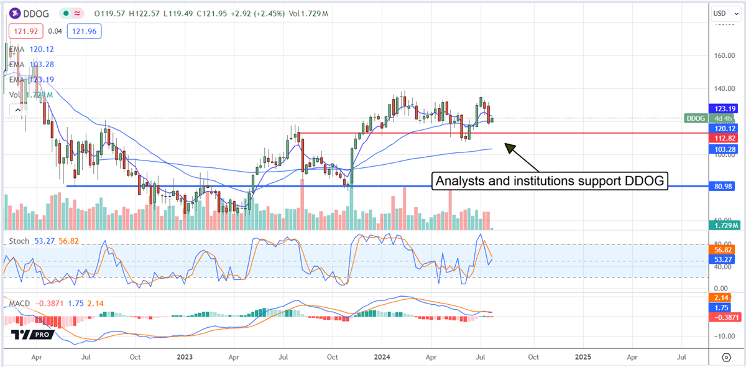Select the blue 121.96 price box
pos(85,30)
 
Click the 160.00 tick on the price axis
pos(723,55)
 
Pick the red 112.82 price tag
pos(724,138)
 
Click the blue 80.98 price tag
pos(724,186)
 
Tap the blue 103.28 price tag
pos(724,150)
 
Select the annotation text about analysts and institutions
pos(550,182)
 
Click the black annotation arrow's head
pos(505,145)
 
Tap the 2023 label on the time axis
pos(185,358)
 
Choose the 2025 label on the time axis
pos(583,358)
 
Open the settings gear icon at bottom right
pos(726,358)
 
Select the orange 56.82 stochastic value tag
pos(724,249)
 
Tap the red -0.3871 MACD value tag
pos(724,317)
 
